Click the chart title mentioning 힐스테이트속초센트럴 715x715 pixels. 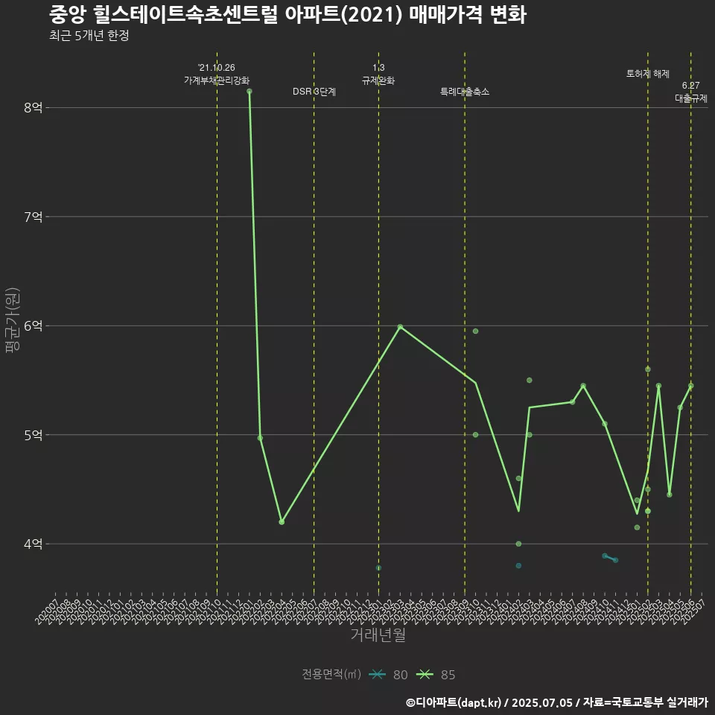point(287,15)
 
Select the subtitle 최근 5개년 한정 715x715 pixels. point(89,36)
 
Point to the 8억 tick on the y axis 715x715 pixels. point(33,107)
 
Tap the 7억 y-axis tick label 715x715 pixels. point(33,217)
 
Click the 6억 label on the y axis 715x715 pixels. point(33,325)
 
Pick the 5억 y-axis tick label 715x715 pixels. point(33,435)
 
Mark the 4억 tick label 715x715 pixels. point(33,544)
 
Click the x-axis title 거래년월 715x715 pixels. point(378,635)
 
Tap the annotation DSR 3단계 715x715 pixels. point(314,92)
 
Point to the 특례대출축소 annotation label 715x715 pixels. point(465,92)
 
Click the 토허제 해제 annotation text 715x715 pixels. point(648,74)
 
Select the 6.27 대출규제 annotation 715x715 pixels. point(690,92)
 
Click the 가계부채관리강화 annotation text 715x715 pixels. point(217,80)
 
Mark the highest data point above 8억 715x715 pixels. point(250,91)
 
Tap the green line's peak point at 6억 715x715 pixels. point(400,326)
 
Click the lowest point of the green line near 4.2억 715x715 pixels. point(282,522)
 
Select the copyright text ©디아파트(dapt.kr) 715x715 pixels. point(455,702)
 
